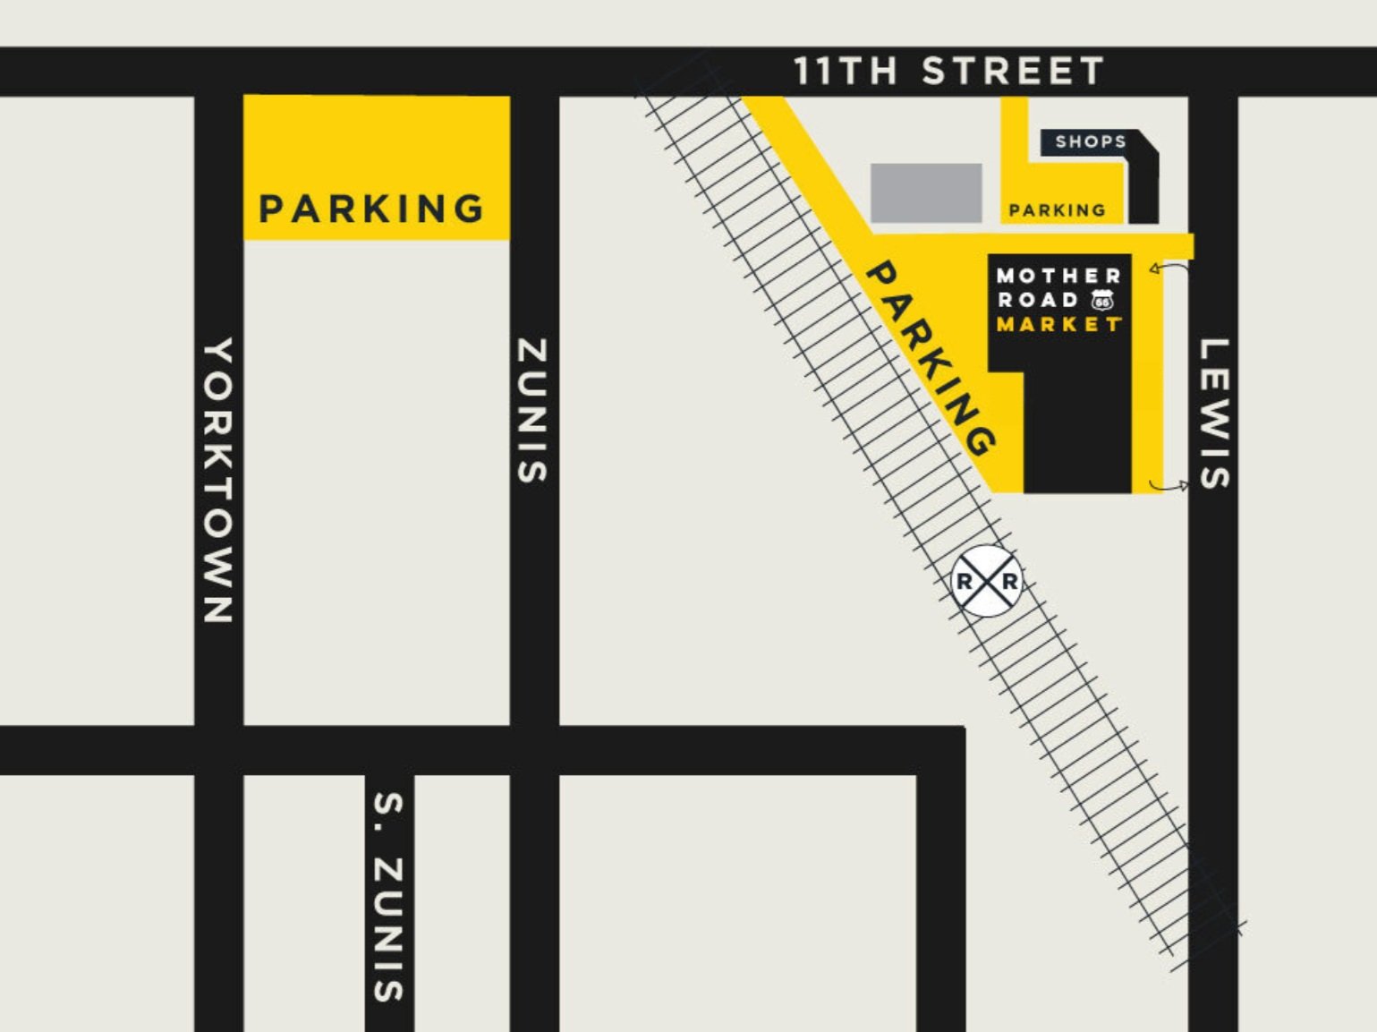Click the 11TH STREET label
948,72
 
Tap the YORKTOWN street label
218,480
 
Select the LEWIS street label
1213,414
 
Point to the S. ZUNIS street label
388,896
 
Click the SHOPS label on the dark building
1090,141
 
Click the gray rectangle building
926,192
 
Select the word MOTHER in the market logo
1058,276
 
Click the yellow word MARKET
1058,325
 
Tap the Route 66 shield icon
1102,301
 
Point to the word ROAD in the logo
1038,301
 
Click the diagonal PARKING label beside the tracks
931,358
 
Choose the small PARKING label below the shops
1057,211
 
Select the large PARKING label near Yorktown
371,209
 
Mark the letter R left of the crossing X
965,582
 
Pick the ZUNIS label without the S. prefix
533,410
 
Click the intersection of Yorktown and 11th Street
219,72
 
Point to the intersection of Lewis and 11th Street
1213,72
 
